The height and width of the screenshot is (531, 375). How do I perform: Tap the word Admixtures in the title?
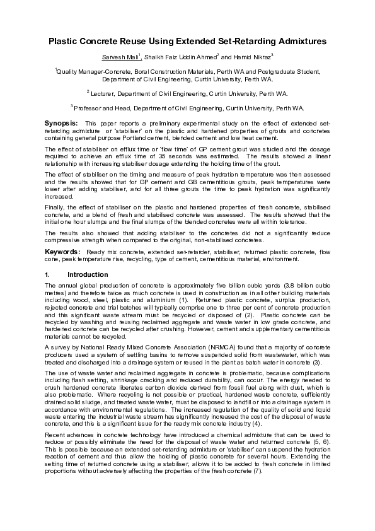point(296,42)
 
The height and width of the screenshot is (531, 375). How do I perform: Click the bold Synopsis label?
point(61,122)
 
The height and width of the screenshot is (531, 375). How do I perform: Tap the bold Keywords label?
point(62,252)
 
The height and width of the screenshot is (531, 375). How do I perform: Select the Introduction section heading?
point(88,275)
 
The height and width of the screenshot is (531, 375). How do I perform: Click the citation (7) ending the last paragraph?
point(257,437)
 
